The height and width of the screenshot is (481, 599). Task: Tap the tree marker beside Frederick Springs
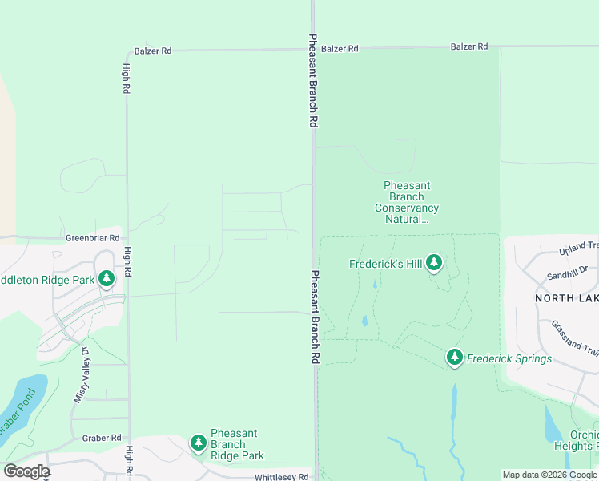click(455, 357)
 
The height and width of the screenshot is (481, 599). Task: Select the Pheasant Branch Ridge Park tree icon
click(198, 443)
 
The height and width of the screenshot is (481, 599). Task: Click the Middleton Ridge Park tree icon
click(107, 278)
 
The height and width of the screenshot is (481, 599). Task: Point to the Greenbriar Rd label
click(92, 238)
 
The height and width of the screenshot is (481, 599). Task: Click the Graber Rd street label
click(101, 439)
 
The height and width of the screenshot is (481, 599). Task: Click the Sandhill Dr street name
click(567, 274)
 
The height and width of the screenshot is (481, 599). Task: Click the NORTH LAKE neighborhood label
click(566, 297)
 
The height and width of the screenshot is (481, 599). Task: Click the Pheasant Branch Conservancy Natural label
click(407, 202)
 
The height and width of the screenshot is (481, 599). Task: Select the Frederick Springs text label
click(509, 358)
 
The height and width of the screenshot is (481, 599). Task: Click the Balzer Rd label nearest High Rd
click(153, 51)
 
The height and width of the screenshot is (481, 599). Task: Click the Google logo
click(26, 471)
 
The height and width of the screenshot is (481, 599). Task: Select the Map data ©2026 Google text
click(549, 475)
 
